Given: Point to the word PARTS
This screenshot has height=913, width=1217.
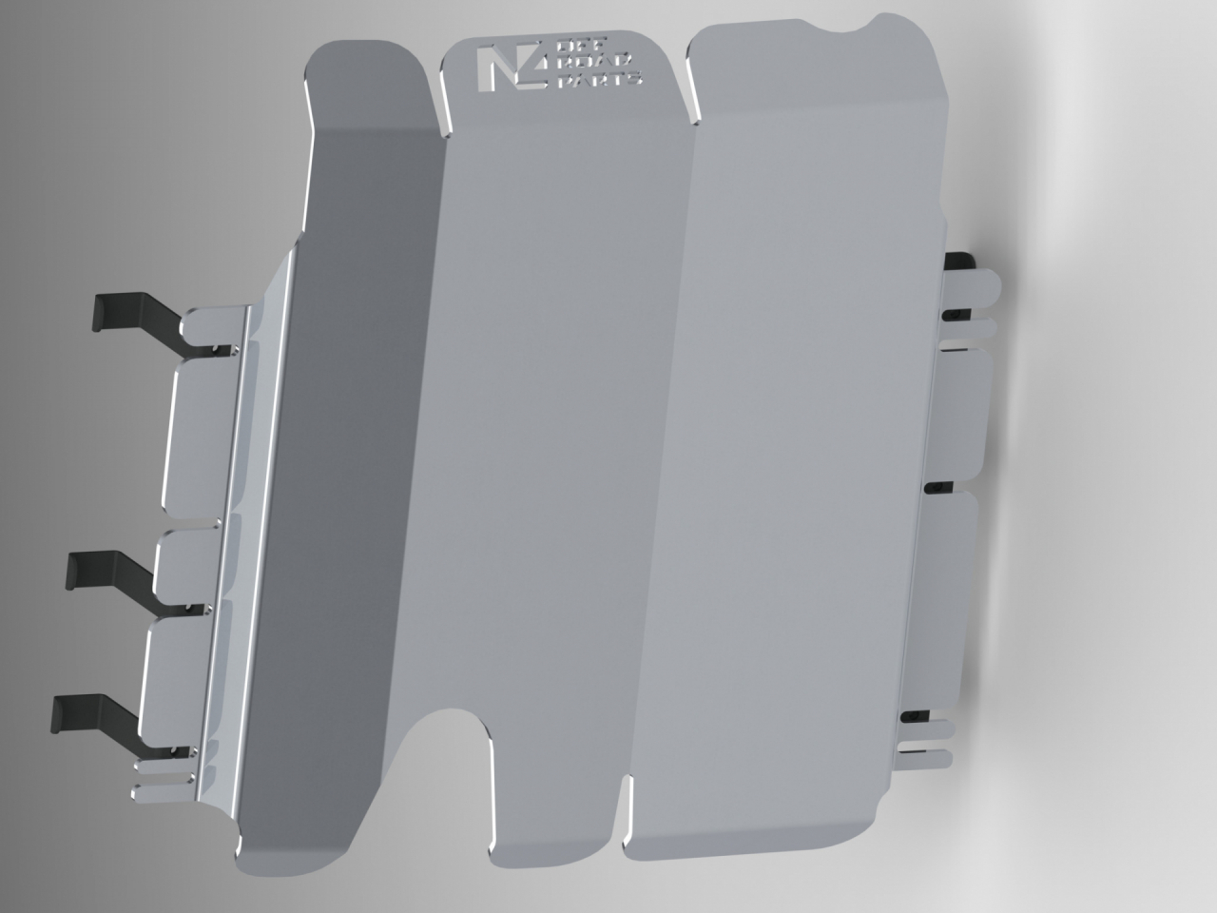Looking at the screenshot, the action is tap(599, 79).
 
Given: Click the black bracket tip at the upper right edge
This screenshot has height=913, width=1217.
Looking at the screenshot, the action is tap(959, 262).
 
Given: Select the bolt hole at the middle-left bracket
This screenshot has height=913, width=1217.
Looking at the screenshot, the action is tap(191, 608).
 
